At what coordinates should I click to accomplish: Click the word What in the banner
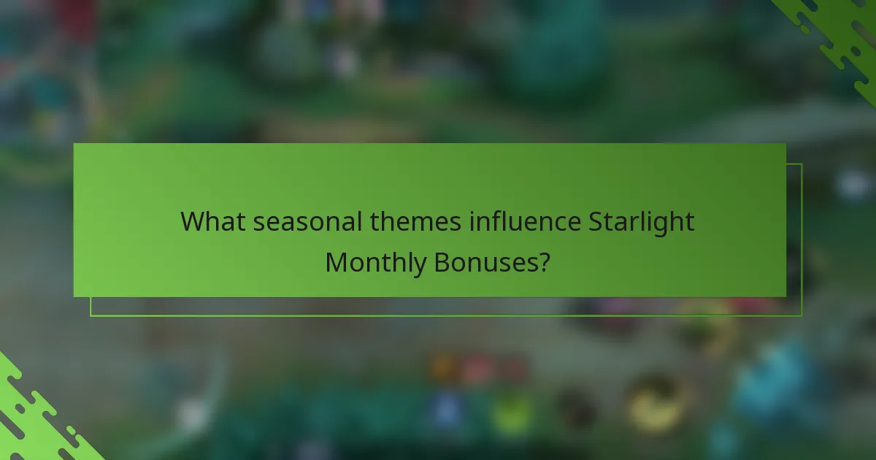coord(213,221)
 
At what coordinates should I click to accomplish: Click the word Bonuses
coord(485,261)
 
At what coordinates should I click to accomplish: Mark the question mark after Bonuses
coord(543,261)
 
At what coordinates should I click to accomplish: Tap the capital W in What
coord(193,221)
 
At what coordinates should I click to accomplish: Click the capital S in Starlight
coord(596,221)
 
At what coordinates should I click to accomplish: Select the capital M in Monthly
coord(337,261)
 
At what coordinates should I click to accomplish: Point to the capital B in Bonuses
coord(442,261)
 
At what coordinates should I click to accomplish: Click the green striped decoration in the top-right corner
coord(839,37)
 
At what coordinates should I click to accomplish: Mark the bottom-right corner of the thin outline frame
coord(802,315)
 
